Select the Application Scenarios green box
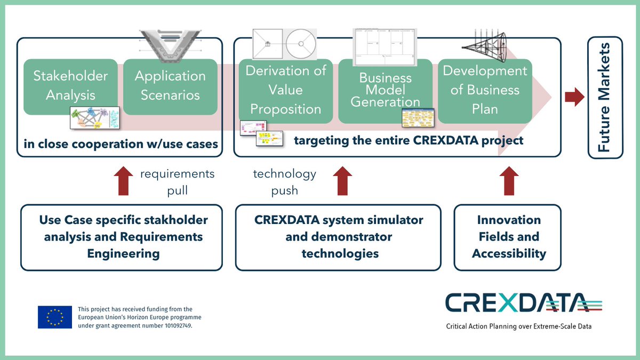point(170,85)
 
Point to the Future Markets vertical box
point(605,97)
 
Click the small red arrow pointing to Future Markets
point(574,97)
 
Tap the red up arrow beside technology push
point(342,181)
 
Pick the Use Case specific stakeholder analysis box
point(122,237)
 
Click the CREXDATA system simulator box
point(338,237)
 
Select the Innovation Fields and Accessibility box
point(508,237)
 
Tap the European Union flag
point(55,317)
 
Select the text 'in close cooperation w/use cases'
point(120,143)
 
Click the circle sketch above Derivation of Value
point(301,44)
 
